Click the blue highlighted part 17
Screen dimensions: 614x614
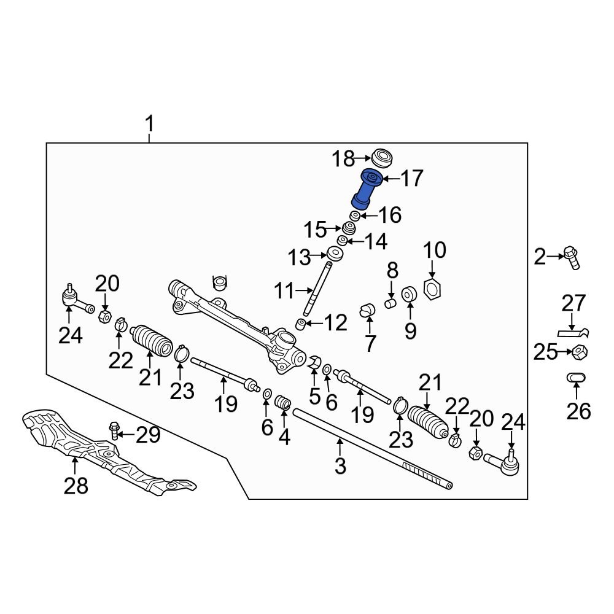tap(367, 189)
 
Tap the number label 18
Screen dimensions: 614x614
tap(344, 159)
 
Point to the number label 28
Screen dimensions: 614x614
tap(76, 486)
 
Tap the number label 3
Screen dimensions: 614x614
tap(341, 465)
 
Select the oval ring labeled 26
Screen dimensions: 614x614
tap(577, 378)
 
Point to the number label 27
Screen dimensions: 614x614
tap(575, 304)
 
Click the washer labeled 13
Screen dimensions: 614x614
tap(335, 254)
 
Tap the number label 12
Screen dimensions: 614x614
tap(336, 322)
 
